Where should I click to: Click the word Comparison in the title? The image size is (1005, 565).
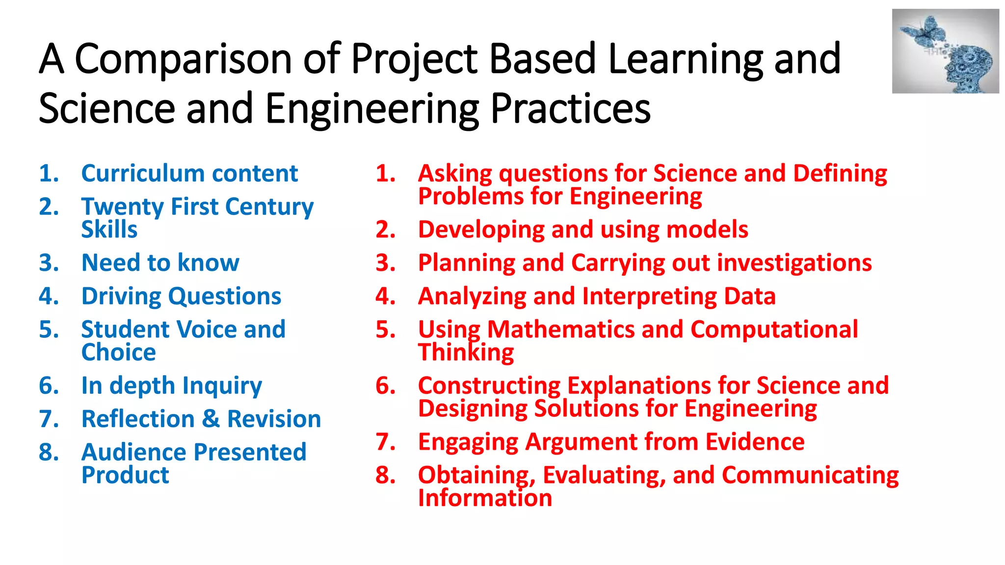[183, 60]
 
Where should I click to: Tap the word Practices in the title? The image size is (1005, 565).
[570, 109]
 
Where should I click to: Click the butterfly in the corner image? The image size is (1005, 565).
[926, 30]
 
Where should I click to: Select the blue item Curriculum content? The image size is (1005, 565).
[189, 174]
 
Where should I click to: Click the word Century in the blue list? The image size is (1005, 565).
[269, 207]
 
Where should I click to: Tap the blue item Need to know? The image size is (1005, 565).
[160, 263]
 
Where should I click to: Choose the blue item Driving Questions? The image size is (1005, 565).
[181, 297]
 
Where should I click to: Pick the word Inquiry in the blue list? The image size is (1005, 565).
[222, 386]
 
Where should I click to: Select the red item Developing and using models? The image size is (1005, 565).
[582, 230]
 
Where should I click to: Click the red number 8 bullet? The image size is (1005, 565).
[386, 475]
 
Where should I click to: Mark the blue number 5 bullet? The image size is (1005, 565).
[49, 330]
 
